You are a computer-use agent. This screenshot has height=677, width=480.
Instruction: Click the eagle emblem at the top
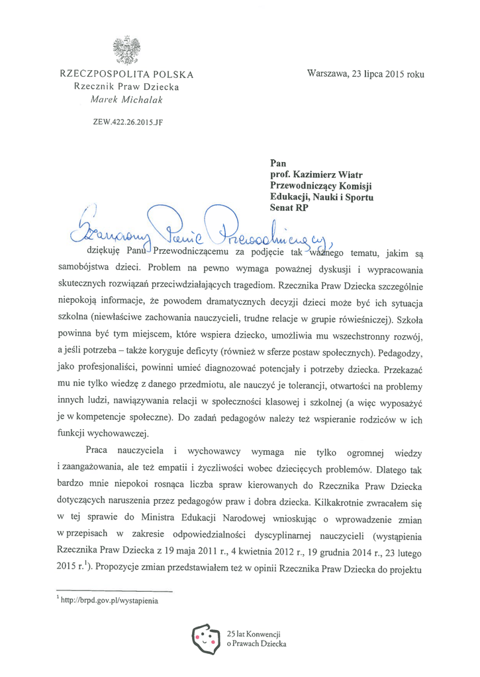[126, 50]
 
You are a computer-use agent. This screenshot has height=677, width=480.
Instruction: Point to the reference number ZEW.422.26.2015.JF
[124, 121]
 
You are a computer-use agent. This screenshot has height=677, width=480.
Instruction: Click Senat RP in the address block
[290, 208]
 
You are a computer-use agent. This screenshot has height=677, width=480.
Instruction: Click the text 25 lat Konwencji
[254, 633]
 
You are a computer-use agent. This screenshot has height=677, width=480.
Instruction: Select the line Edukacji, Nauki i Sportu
[322, 197]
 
